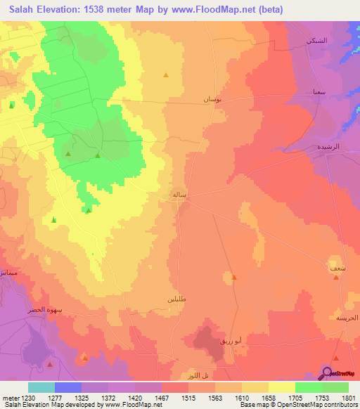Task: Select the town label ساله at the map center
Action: (179, 195)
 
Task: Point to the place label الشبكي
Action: (316, 41)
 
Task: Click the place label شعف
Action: (337, 268)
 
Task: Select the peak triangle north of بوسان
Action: (166, 74)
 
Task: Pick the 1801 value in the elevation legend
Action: (349, 398)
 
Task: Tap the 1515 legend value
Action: (188, 398)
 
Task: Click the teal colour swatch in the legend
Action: (41, 387)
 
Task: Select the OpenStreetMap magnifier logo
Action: (327, 372)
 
